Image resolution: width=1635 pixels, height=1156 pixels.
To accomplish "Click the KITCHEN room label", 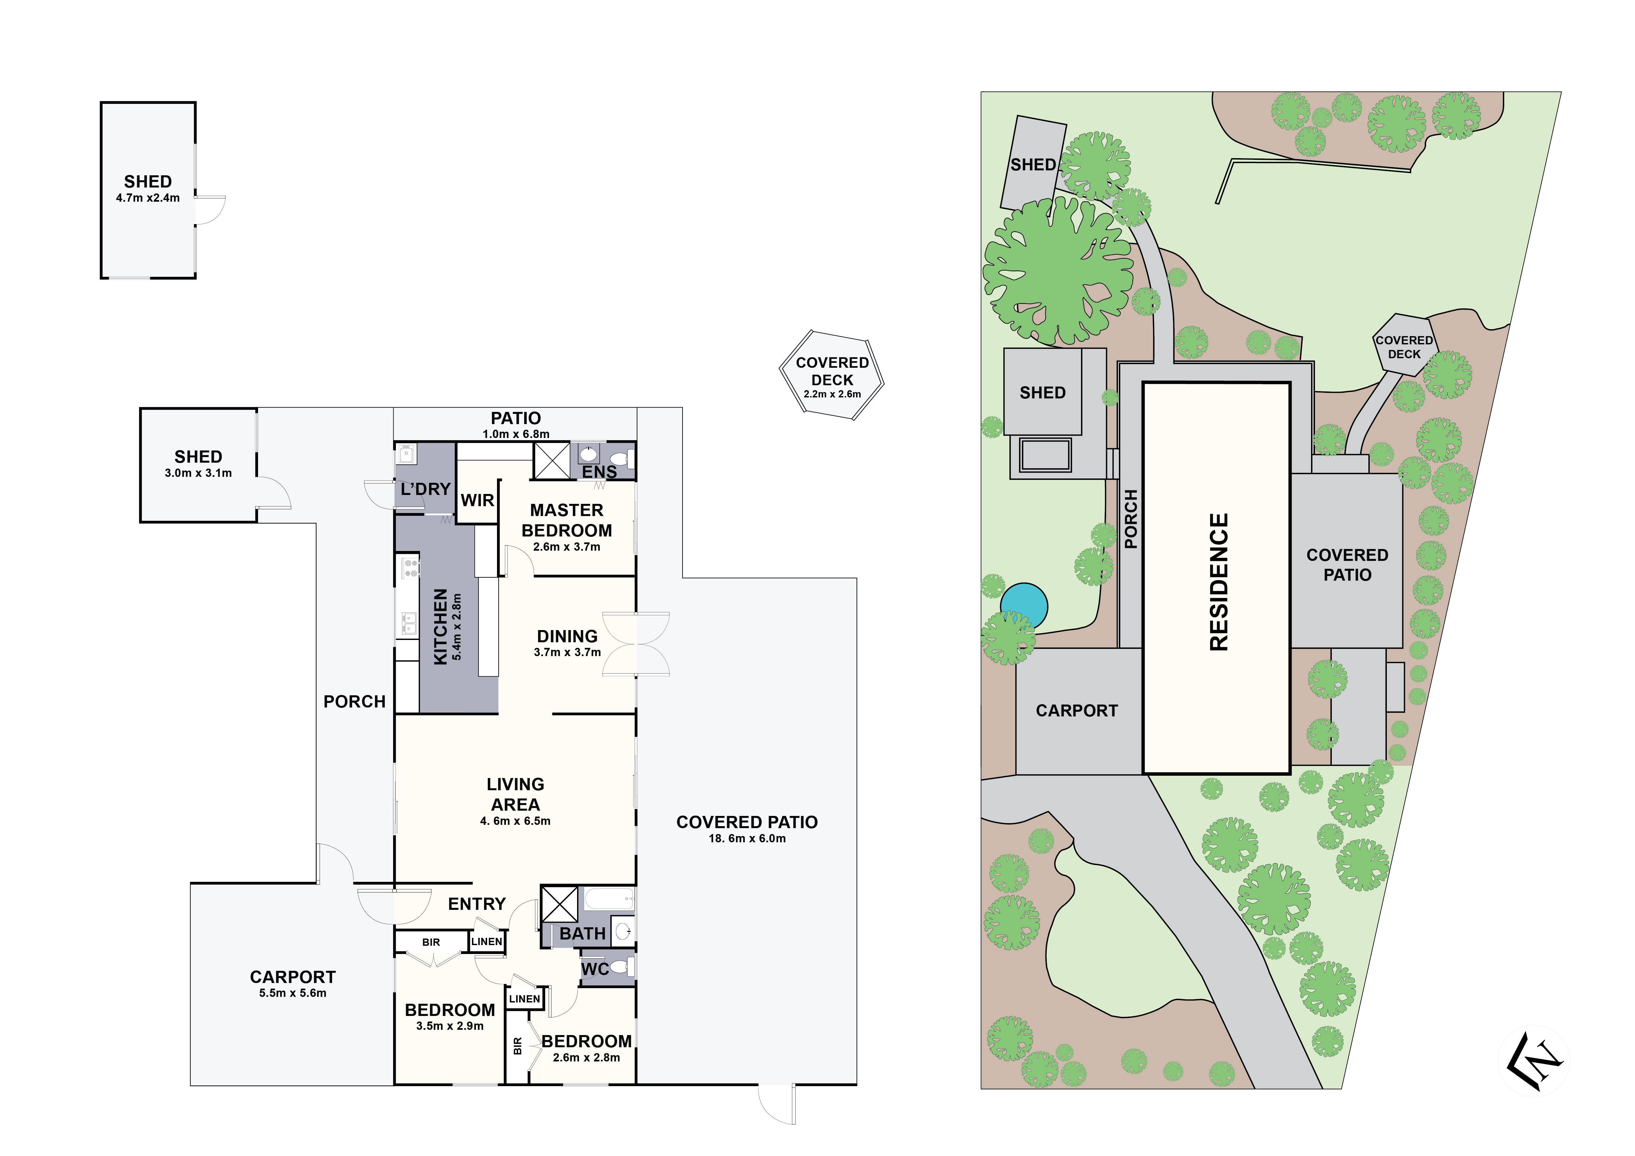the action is point(441,626).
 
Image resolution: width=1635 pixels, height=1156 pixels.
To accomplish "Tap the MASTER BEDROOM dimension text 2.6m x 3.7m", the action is point(567,547).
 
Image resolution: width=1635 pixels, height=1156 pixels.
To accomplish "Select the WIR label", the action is point(477,501).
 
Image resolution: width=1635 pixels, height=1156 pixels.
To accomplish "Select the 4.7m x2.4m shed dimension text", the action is point(148,198).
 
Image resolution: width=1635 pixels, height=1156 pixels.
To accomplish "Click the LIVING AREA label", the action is point(515,795).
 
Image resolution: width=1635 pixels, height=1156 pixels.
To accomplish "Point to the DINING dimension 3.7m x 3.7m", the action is point(568,652).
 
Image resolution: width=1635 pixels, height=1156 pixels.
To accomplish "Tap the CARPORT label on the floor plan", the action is point(293,977).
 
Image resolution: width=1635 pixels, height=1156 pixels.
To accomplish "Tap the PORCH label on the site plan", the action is point(1131,519).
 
